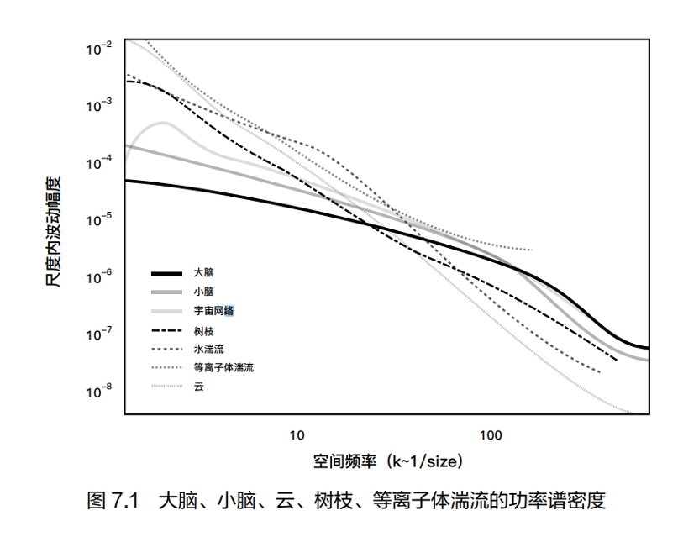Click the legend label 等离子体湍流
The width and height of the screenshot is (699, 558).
pyautogui.click(x=223, y=368)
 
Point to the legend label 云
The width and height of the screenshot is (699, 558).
pyautogui.click(x=198, y=387)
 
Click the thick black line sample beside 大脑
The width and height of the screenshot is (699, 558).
pyautogui.click(x=166, y=273)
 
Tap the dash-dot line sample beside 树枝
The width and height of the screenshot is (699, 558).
pyautogui.click(x=166, y=330)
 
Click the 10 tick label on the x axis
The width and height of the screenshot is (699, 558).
pyautogui.click(x=297, y=435)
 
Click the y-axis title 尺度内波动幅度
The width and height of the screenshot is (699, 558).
pyautogui.click(x=54, y=226)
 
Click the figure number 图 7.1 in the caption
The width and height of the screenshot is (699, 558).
pyautogui.click(x=112, y=502)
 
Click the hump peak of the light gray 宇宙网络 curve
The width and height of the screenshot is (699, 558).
pyautogui.click(x=163, y=123)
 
